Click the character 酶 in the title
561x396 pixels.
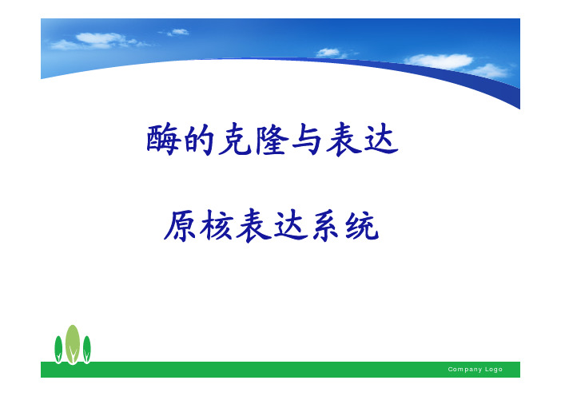pyautogui.click(x=163, y=140)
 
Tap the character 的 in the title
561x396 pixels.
pyautogui.click(x=199, y=140)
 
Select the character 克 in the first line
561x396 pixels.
pyautogui.click(x=235, y=140)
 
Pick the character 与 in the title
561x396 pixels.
pyautogui.click(x=308, y=140)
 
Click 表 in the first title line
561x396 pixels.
pyautogui.click(x=344, y=140)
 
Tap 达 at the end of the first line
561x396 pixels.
pyautogui.click(x=380, y=140)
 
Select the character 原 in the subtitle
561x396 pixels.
pyautogui.click(x=180, y=226)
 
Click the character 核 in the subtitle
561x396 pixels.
pyautogui.click(x=217, y=225)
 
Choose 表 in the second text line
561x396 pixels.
pyautogui.click(x=253, y=226)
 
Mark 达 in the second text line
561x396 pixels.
pyautogui.click(x=291, y=226)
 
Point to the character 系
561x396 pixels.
pyautogui.click(x=326, y=226)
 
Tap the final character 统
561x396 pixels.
pyautogui.click(x=362, y=226)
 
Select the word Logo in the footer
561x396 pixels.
pyautogui.click(x=494, y=369)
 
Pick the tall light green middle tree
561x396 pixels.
pyautogui.click(x=73, y=344)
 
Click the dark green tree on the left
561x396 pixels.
pyautogui.click(x=58, y=349)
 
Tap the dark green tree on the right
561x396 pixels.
pyautogui.click(x=86, y=349)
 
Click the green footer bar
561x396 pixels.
pyautogui.click(x=280, y=369)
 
